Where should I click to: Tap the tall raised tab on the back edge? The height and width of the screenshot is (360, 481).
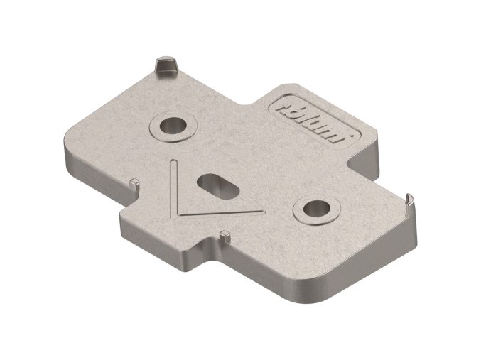coord(165,65)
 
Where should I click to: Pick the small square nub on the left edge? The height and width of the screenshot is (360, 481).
coord(134,182)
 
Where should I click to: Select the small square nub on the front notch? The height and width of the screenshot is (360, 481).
coord(225,234)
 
